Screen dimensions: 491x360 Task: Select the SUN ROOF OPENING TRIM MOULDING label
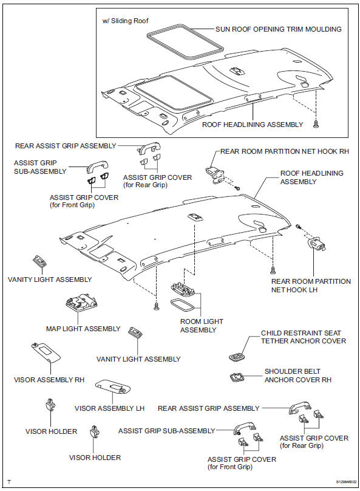click(x=279, y=29)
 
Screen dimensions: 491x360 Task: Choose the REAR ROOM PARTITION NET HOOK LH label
click(x=310, y=286)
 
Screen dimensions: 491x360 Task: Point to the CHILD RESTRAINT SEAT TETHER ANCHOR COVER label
click(x=303, y=337)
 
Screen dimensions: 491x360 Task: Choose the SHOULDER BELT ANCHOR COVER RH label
click(x=292, y=375)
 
